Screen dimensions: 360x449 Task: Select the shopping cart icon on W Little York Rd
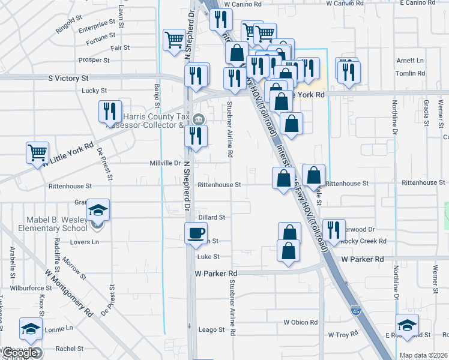coord(37,152)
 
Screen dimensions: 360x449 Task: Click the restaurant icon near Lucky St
coord(109,110)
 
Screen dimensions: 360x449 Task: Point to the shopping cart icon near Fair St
coord(174,40)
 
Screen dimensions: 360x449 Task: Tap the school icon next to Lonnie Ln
coord(31,329)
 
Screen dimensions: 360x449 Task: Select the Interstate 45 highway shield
coord(356,310)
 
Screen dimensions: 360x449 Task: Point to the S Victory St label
coord(68,78)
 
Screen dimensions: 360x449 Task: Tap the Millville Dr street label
coord(165,163)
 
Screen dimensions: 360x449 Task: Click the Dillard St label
coord(211,217)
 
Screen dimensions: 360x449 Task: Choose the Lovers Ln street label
coord(85,242)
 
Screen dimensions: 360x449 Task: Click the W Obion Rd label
coord(301,322)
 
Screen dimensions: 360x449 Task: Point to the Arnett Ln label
coord(410,61)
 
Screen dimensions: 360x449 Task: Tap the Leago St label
coord(211,329)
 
